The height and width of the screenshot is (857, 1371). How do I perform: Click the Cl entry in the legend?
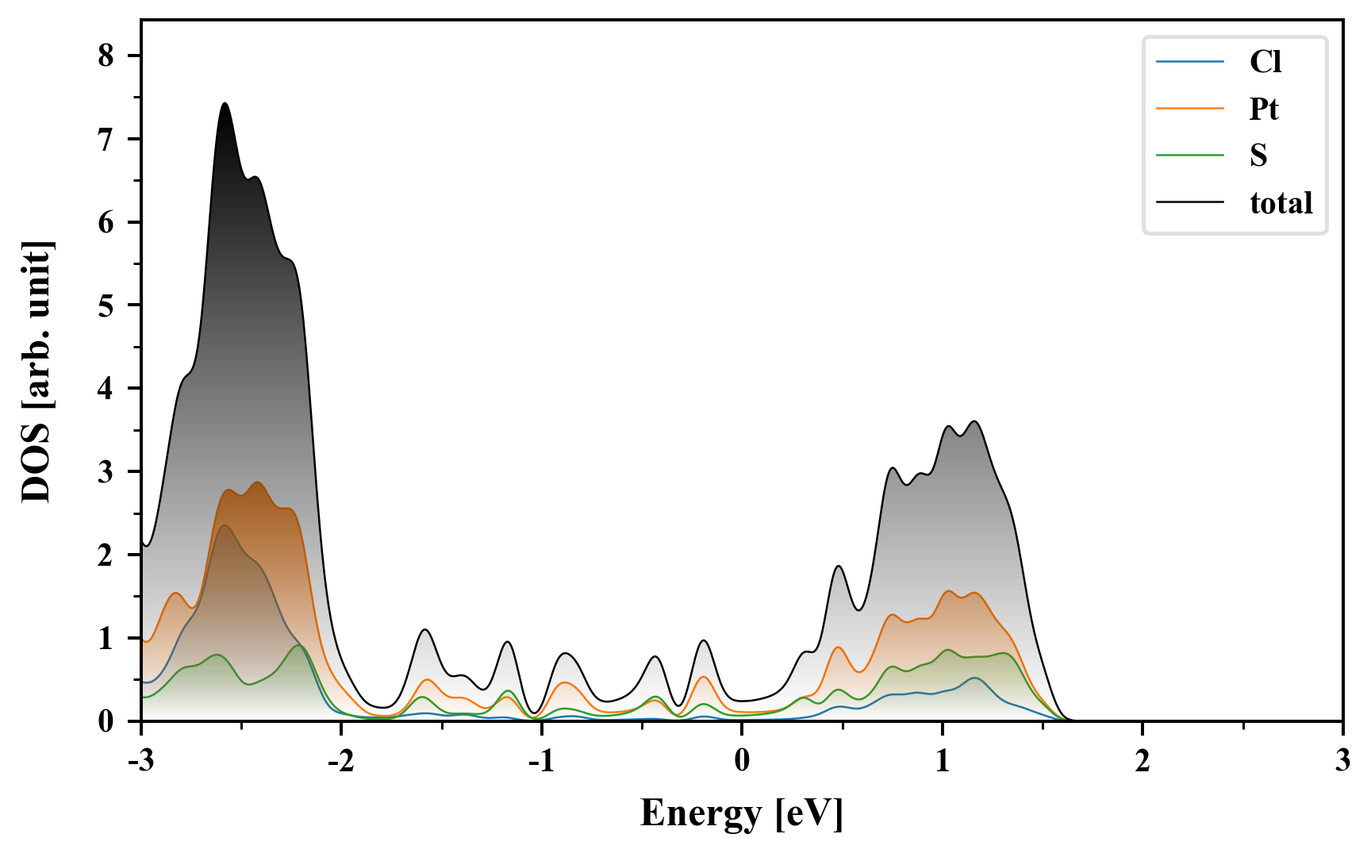click(x=1265, y=62)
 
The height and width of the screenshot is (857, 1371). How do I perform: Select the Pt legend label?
click(x=1263, y=109)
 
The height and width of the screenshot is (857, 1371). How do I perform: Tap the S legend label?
click(x=1258, y=156)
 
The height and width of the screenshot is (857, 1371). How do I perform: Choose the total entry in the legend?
click(x=1281, y=203)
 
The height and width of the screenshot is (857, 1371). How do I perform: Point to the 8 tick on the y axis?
click(x=106, y=56)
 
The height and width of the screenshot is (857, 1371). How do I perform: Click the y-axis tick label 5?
click(x=106, y=306)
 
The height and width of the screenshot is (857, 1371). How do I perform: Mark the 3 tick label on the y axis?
click(x=106, y=471)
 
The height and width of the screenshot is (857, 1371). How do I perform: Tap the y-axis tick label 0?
click(x=106, y=721)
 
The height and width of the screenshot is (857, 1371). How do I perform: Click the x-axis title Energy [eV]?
click(x=742, y=813)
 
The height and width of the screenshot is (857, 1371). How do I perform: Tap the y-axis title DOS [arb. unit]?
click(x=36, y=371)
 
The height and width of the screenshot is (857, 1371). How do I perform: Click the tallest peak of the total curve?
click(x=225, y=104)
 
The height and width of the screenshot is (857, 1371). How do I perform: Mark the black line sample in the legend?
click(x=1189, y=203)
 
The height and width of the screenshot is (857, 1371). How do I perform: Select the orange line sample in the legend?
click(x=1189, y=109)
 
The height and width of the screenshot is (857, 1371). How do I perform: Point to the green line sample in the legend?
click(x=1189, y=156)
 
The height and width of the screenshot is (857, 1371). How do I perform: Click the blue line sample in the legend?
click(x=1189, y=62)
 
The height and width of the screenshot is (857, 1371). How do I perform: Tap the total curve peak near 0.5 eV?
click(x=839, y=567)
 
